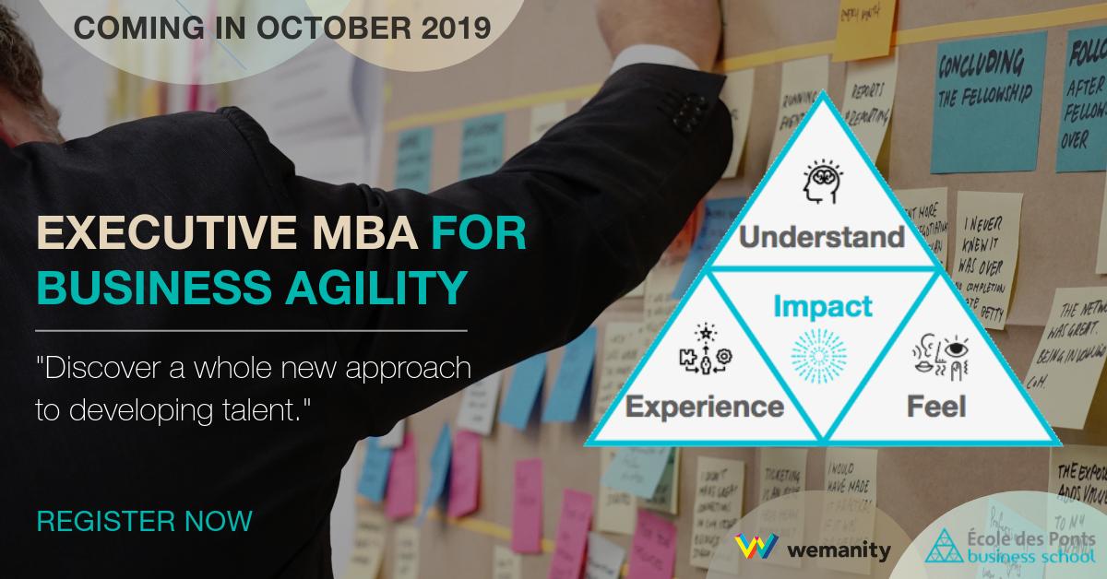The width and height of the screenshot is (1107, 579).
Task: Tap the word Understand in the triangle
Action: [x=821, y=238]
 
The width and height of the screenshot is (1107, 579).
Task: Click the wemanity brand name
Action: [x=840, y=551]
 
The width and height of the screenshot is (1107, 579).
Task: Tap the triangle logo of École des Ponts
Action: [x=941, y=547]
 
